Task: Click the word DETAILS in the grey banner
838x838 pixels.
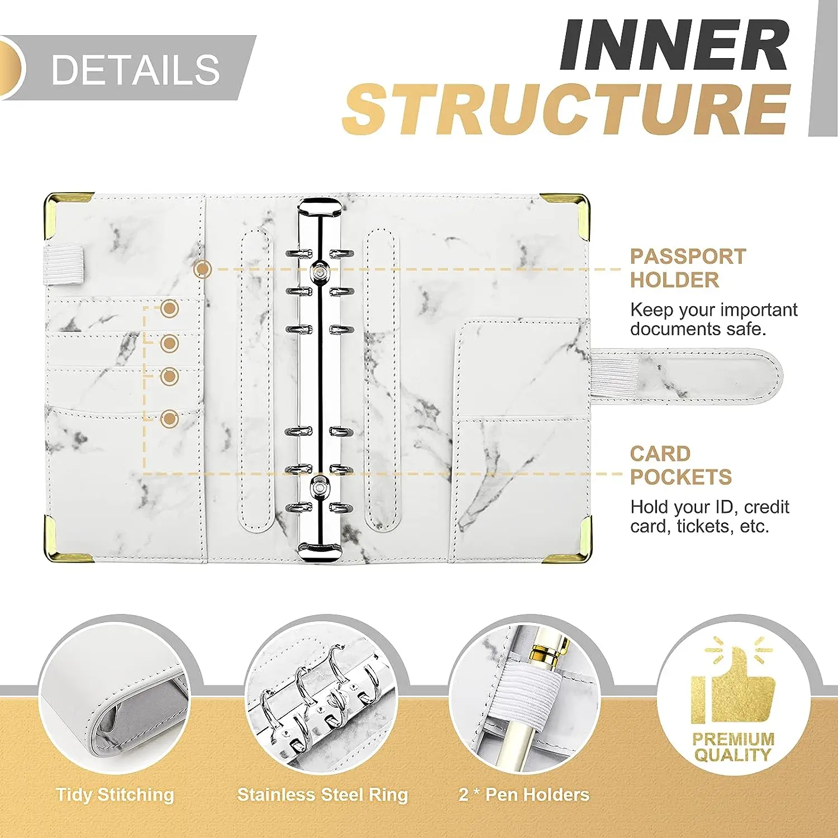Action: coord(135,70)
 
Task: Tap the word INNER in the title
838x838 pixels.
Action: coord(674,45)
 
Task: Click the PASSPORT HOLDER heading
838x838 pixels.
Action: coord(688,268)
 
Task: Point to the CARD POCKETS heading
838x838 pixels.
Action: coord(680,465)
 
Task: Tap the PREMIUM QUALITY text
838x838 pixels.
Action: coord(733,747)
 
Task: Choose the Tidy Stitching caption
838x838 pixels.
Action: coord(115,794)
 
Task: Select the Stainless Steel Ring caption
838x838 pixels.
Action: coord(322,794)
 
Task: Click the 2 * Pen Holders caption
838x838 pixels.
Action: coord(524,794)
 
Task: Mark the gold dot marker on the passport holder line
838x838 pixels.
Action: coord(202,269)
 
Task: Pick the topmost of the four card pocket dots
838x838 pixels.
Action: coord(169,308)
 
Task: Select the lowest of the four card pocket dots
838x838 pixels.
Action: coord(169,418)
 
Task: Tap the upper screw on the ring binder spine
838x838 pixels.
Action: coord(319,271)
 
